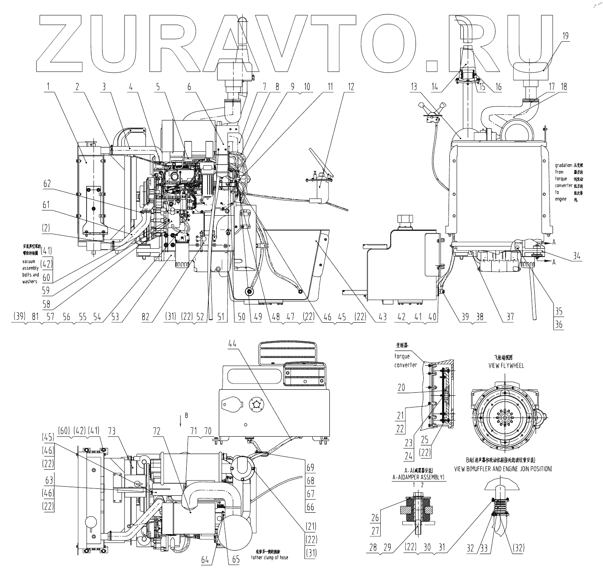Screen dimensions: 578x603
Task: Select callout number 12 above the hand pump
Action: (x=349, y=86)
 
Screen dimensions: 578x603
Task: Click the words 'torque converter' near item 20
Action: (x=405, y=361)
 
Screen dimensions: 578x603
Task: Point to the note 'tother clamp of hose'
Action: (x=270, y=558)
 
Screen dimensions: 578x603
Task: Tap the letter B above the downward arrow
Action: (x=186, y=415)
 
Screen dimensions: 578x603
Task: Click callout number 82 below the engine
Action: (x=145, y=317)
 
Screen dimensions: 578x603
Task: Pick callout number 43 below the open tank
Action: (x=382, y=317)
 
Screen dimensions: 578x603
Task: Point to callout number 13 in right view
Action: (x=414, y=86)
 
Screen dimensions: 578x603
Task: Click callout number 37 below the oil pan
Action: (x=509, y=317)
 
